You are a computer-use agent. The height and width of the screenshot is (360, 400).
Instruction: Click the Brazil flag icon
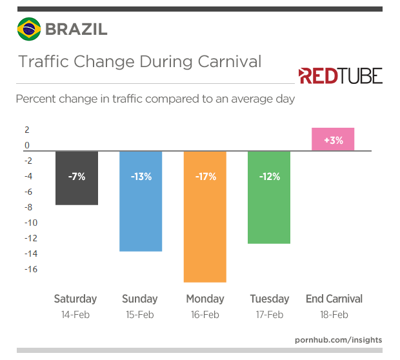[x=28, y=29]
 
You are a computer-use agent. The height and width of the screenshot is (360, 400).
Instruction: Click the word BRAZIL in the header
[x=76, y=29]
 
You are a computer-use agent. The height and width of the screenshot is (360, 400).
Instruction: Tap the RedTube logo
[x=340, y=76]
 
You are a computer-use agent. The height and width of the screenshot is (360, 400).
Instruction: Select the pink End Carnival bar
[x=333, y=139]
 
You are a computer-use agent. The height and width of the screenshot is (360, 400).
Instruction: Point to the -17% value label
[x=205, y=176]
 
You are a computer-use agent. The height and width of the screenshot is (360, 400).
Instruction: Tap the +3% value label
[x=333, y=140]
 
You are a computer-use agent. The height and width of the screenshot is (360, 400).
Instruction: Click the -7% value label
[x=76, y=176]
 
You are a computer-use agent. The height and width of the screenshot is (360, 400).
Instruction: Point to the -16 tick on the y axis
[x=30, y=269]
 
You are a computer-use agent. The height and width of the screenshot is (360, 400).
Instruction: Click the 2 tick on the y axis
[x=27, y=130]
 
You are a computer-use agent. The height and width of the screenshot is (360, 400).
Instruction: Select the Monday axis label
[x=205, y=299]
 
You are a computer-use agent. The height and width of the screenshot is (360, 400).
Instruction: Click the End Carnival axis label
[x=334, y=299]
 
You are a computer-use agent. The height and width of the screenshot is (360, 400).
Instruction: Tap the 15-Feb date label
[x=140, y=315]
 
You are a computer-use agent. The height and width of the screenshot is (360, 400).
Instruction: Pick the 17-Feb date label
[x=269, y=315]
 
